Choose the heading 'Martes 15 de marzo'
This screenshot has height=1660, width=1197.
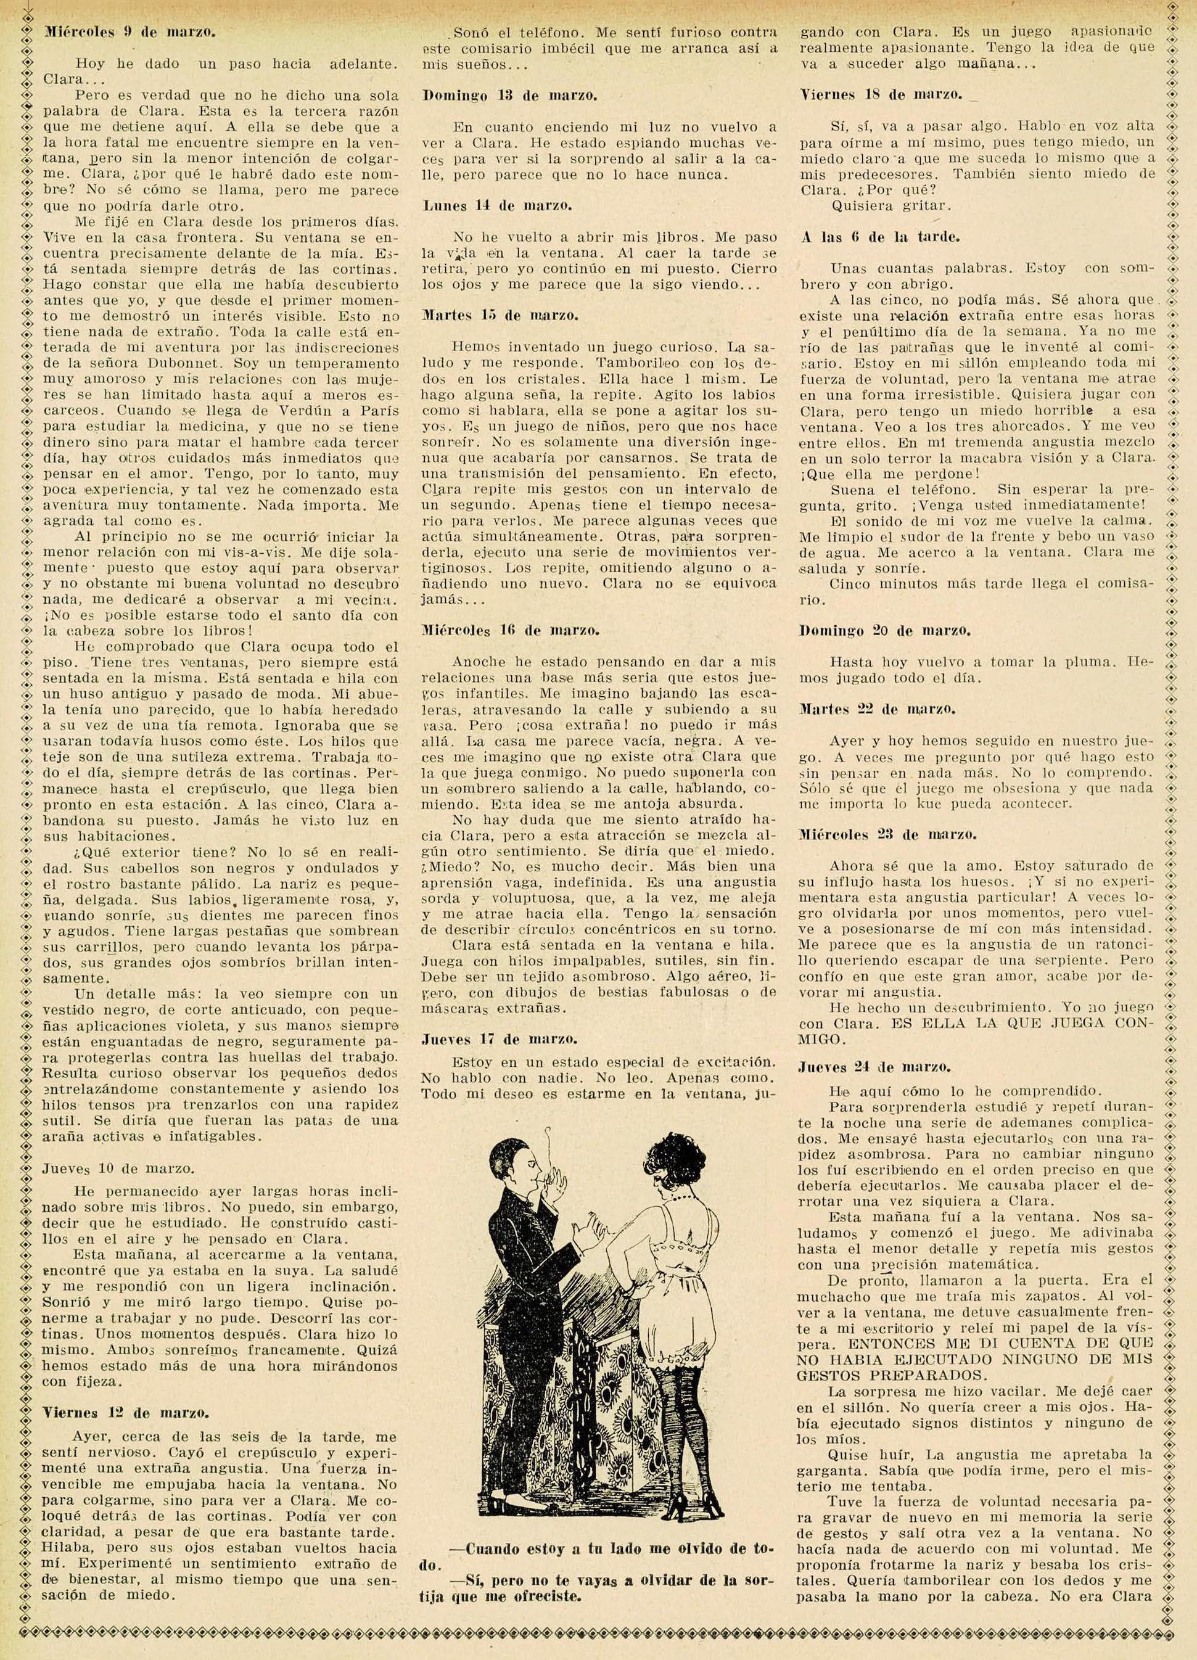coord(501,316)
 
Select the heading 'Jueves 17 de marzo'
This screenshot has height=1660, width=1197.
coord(501,1038)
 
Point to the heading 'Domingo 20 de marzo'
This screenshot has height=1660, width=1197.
coord(886,630)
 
